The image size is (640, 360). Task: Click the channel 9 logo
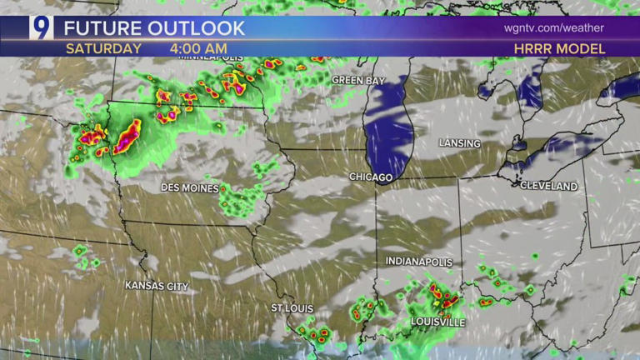41,27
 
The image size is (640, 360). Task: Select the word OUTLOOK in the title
197,27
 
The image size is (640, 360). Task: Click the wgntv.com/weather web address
553,27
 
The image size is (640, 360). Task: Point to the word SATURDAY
103,48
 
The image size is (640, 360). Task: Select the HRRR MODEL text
559,48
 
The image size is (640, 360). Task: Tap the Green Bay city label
358,80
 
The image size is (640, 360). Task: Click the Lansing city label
460,143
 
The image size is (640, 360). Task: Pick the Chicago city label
371,177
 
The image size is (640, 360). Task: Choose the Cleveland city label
548,186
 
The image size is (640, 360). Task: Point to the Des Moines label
190,188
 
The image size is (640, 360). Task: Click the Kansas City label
157,286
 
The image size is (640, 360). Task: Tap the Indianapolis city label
419,262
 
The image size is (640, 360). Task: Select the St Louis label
292,308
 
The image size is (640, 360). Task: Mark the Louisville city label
437,322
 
